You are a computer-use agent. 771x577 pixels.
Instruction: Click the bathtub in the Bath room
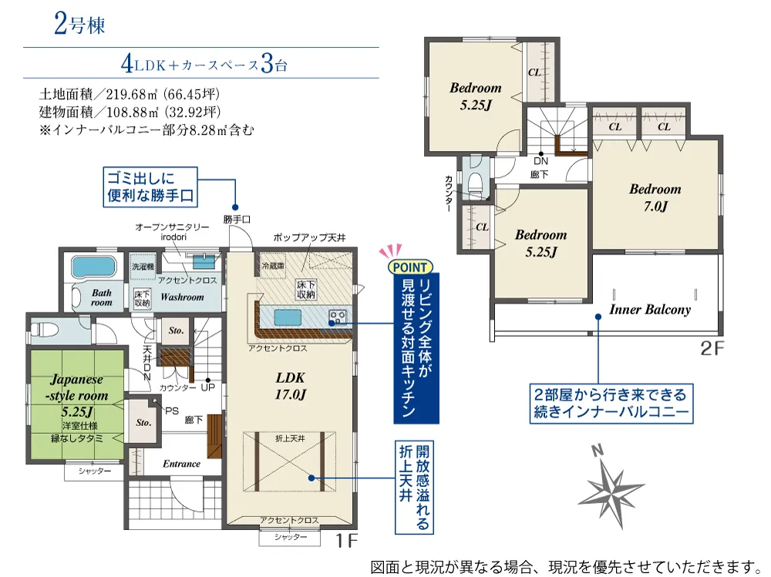pyautogui.click(x=93, y=267)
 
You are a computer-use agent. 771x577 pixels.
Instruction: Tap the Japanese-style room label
pyautogui.click(x=77, y=387)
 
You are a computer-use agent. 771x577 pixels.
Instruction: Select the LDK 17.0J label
pyautogui.click(x=290, y=386)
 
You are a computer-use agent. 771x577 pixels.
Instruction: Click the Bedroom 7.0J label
pyautogui.click(x=655, y=197)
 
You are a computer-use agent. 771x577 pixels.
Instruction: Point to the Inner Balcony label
pyautogui.click(x=650, y=309)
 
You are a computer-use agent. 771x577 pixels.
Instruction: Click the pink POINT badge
pyautogui.click(x=410, y=267)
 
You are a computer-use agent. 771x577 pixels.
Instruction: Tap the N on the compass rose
pyautogui.click(x=597, y=450)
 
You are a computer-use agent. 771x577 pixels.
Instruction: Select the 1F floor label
pyautogui.click(x=346, y=541)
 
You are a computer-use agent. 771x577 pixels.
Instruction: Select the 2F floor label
pyautogui.click(x=712, y=348)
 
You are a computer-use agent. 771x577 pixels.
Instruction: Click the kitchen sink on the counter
pyautogui.click(x=288, y=318)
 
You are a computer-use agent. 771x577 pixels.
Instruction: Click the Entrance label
pyautogui.click(x=181, y=464)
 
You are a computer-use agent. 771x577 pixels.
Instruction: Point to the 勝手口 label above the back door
pyautogui.click(x=237, y=220)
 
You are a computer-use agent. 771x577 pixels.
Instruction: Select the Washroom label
pyautogui.click(x=182, y=297)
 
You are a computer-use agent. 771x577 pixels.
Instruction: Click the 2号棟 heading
pyautogui.click(x=79, y=24)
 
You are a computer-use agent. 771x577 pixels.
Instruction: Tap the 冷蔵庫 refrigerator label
pyautogui.click(x=273, y=266)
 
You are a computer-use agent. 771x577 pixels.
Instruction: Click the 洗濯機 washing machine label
pyautogui.click(x=143, y=267)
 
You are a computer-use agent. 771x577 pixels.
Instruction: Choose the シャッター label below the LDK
pyautogui.click(x=290, y=537)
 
